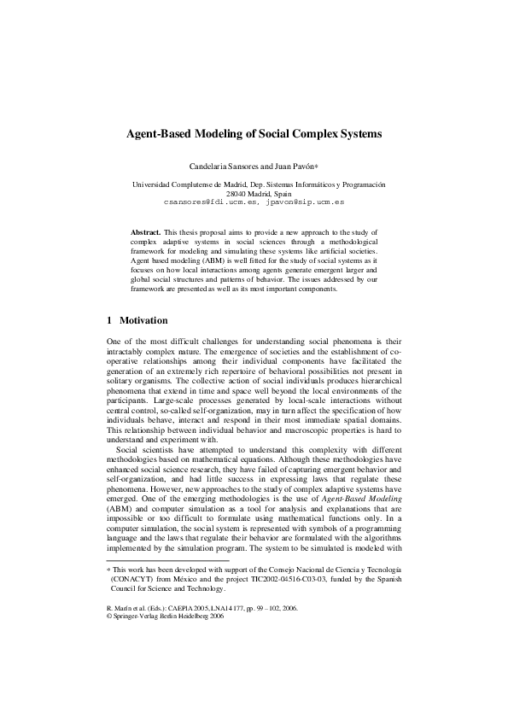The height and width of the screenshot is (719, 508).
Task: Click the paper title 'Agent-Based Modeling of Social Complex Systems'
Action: pyautogui.click(x=254, y=135)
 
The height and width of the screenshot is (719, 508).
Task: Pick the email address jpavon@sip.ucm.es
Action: pyautogui.click(x=304, y=204)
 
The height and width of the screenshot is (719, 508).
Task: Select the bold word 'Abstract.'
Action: pyautogui.click(x=145, y=232)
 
